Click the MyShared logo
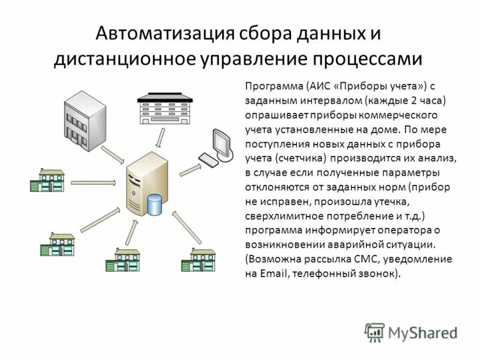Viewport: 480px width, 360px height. pos(410,332)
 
